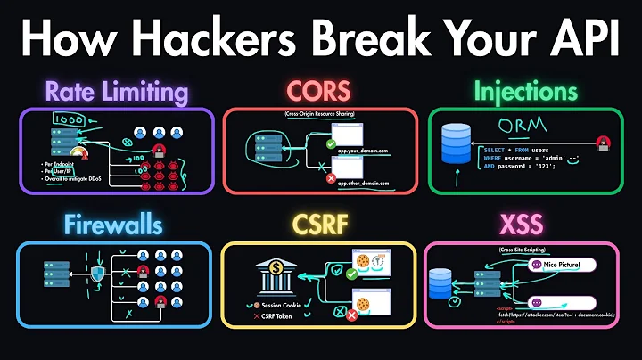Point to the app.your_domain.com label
coord(360,151)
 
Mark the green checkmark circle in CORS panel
coord(331,143)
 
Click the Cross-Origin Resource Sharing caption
coord(318,115)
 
